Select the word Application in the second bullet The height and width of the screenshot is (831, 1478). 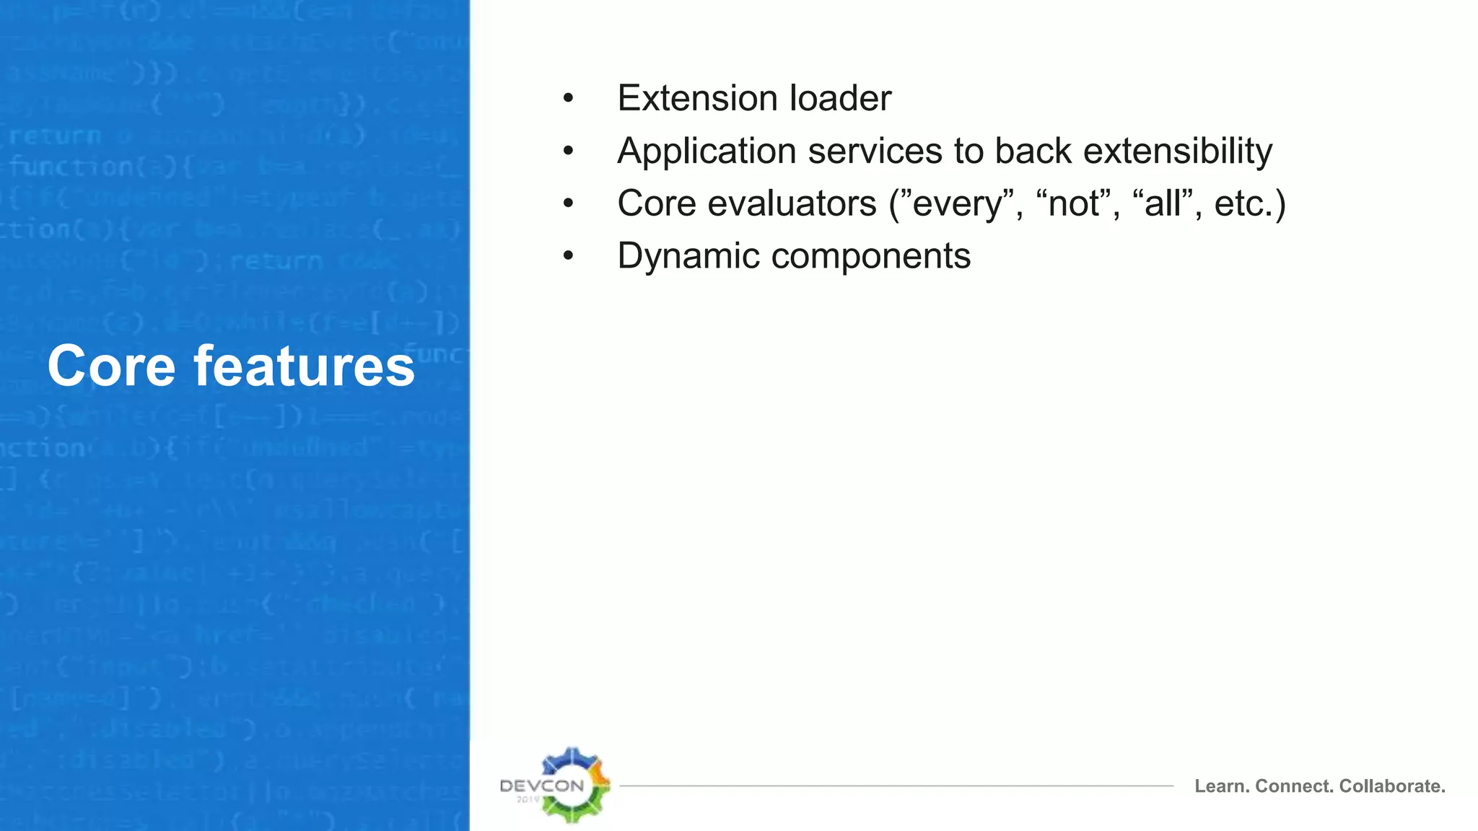(707, 151)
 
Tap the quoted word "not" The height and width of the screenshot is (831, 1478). (1075, 203)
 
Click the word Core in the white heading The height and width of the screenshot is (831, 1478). (111, 366)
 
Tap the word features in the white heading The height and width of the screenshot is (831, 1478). (304, 366)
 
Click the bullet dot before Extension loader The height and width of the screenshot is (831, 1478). (569, 99)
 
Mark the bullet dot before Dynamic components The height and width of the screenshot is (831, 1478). (569, 256)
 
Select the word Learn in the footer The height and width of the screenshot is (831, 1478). (1221, 786)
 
